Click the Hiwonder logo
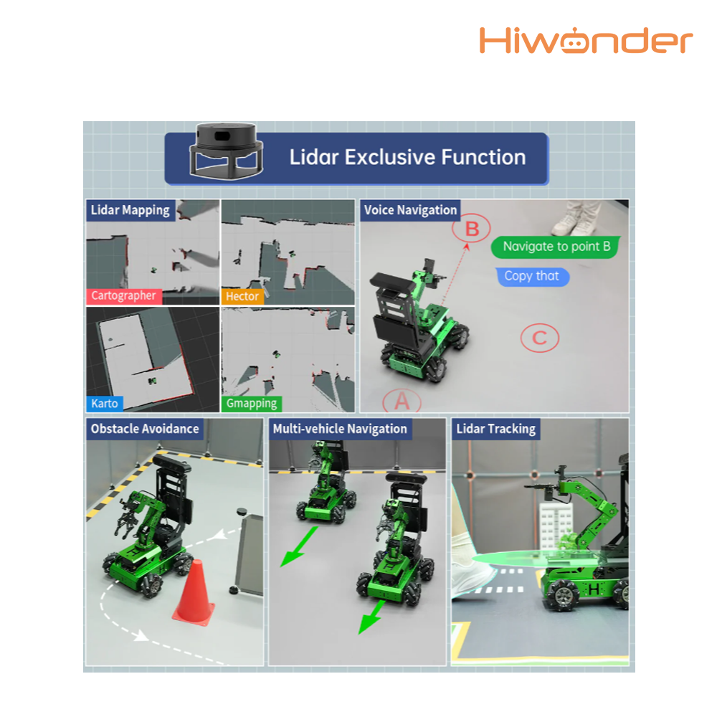point(586,40)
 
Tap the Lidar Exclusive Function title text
point(407,157)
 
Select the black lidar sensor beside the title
point(227,151)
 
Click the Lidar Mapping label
point(130,210)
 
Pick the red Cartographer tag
point(124,296)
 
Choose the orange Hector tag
point(242,296)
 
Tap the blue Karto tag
point(105,403)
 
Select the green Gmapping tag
point(252,403)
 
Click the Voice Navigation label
point(410,210)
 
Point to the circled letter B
point(472,229)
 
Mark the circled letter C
point(540,338)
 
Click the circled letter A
point(402,401)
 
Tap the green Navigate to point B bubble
point(556,247)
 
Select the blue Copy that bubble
point(532,277)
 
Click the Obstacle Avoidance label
point(145,429)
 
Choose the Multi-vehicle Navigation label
point(340,429)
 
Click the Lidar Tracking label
point(495,429)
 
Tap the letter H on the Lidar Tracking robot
point(594,589)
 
